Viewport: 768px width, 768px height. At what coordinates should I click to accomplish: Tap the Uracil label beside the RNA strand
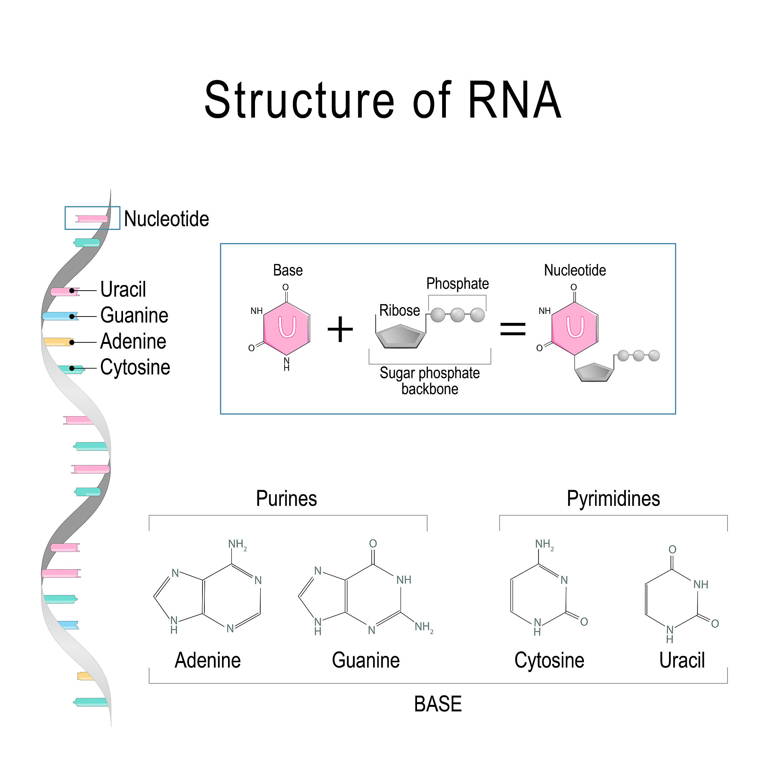point(123,289)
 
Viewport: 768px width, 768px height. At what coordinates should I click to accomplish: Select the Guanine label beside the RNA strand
point(134,315)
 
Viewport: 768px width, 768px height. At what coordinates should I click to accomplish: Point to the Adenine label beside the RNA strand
point(133,342)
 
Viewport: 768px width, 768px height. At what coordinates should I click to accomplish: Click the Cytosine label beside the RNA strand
point(135,367)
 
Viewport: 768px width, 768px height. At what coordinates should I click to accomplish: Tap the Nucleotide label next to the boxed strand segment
point(166,219)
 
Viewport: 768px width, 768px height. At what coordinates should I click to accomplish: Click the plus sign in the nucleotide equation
point(340,329)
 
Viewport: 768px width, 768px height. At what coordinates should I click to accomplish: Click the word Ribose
point(399,310)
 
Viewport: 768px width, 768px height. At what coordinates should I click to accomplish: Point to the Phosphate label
point(457,284)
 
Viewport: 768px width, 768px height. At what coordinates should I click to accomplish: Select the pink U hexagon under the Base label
point(286,328)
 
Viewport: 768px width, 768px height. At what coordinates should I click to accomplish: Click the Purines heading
point(286,499)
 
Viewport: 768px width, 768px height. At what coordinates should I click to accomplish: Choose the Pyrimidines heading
point(613,499)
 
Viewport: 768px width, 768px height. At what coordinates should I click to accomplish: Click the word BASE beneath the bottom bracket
point(438,704)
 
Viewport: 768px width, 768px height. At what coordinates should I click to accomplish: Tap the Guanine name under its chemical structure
point(366,660)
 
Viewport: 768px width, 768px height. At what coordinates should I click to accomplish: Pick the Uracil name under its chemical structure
point(682,660)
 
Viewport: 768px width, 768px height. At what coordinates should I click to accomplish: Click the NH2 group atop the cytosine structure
point(544,544)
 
